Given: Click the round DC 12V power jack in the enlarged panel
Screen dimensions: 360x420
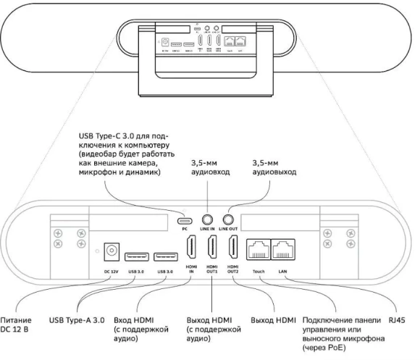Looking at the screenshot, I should click(112, 250).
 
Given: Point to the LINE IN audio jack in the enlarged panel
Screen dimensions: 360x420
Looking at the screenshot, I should click(208, 217).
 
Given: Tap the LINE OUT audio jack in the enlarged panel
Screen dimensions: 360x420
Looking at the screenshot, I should click(228, 217).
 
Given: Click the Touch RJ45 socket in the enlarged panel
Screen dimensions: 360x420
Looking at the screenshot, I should click(259, 250).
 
